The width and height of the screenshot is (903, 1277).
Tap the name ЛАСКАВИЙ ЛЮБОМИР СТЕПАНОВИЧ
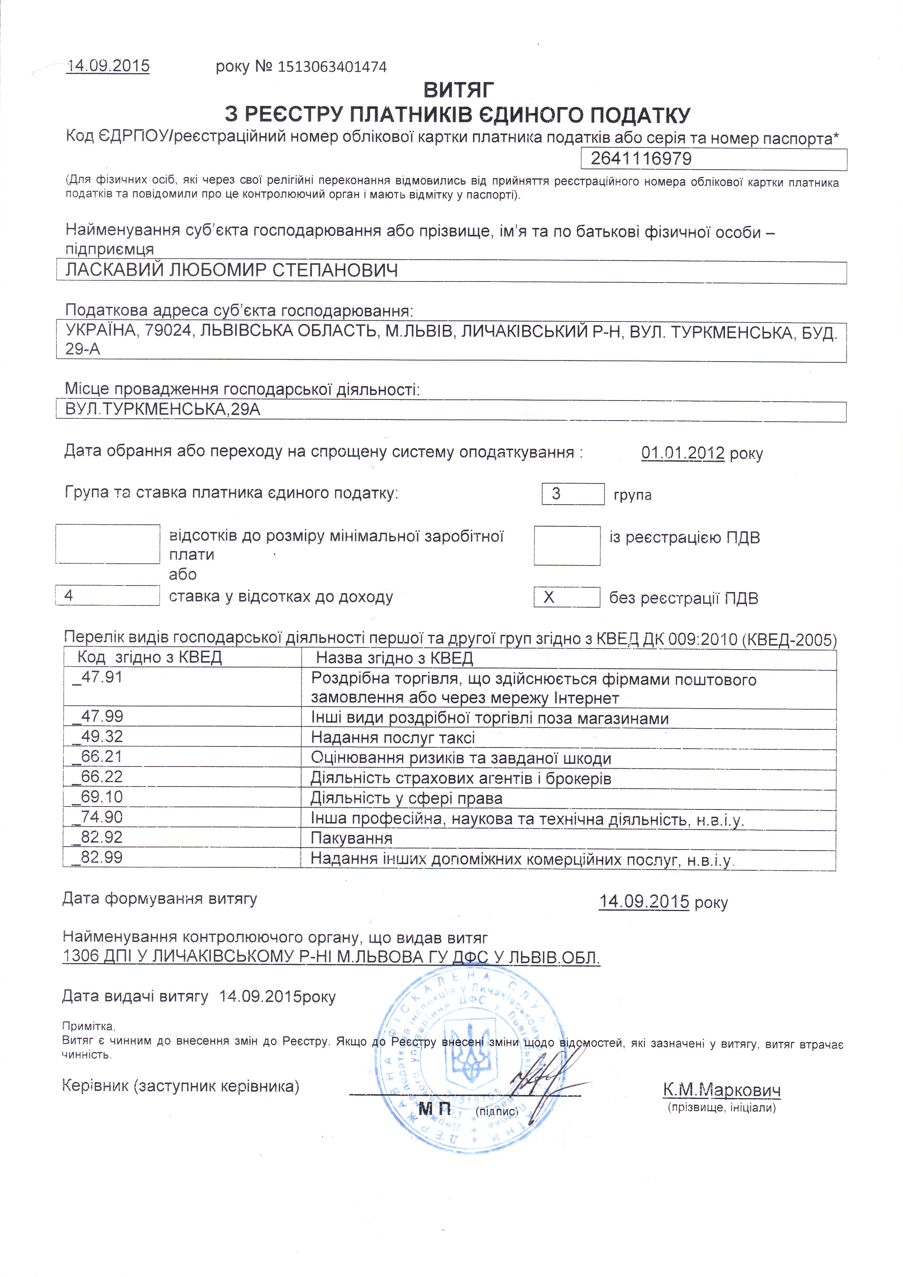click(232, 271)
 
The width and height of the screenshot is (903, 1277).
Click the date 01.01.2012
click(682, 453)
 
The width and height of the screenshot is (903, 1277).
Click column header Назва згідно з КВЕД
click(394, 658)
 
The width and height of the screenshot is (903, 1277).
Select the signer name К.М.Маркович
click(721, 1090)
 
